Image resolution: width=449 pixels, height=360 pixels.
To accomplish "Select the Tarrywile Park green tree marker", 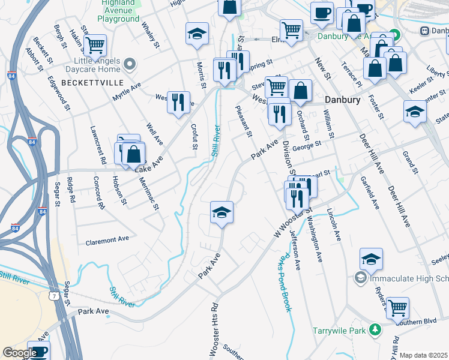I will coord(375,329).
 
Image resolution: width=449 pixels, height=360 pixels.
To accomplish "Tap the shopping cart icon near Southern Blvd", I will coord(397,308).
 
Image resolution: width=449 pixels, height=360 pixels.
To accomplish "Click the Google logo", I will coord(19,353).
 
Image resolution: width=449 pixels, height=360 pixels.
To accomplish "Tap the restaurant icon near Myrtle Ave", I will coord(178,103).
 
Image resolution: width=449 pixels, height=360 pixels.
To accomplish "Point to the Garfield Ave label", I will coord(368,192).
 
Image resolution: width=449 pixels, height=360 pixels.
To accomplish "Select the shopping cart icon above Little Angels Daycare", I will coord(94,44).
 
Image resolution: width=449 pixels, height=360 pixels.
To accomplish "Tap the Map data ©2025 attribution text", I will coord(423,355).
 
